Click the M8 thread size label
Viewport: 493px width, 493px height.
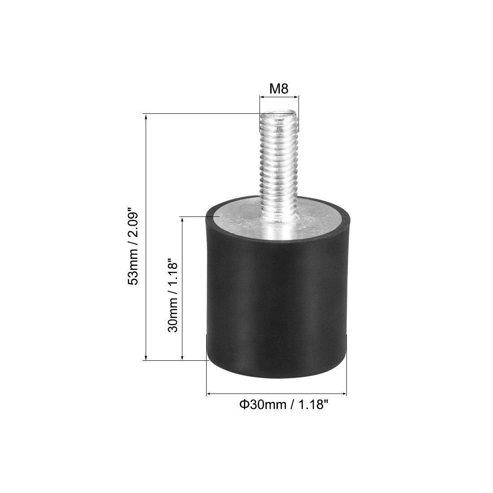point(278,89)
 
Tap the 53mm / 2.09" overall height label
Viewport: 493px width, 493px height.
point(133,246)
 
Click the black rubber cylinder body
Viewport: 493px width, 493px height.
point(277,305)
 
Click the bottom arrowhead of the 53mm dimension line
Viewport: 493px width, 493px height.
point(146,357)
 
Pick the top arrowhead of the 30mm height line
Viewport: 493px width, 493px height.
point(182,219)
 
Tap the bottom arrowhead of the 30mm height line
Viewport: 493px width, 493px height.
point(182,357)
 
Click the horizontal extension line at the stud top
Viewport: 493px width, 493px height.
point(202,114)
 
